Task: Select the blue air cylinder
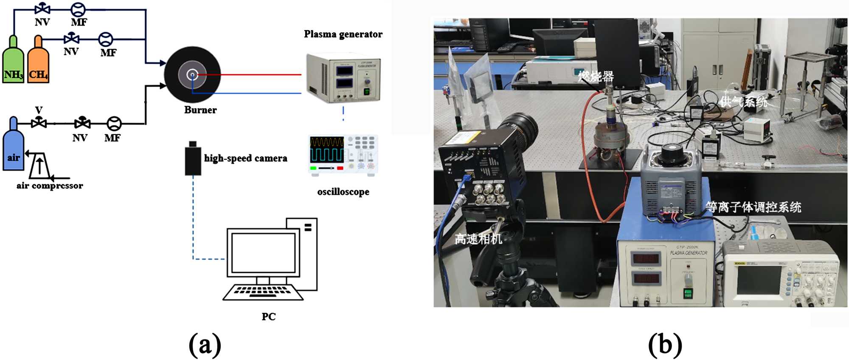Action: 13,146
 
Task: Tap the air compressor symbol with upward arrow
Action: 39,166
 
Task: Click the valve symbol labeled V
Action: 39,123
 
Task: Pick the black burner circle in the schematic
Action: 192,75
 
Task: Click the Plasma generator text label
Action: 343,34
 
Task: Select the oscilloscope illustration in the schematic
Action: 343,155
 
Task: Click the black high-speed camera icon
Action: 193,159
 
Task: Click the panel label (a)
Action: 205,344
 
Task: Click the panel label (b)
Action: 665,344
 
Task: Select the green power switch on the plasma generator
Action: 687,292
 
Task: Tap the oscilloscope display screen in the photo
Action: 759,281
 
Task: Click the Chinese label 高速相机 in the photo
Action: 478,239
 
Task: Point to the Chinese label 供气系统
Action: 744,102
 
